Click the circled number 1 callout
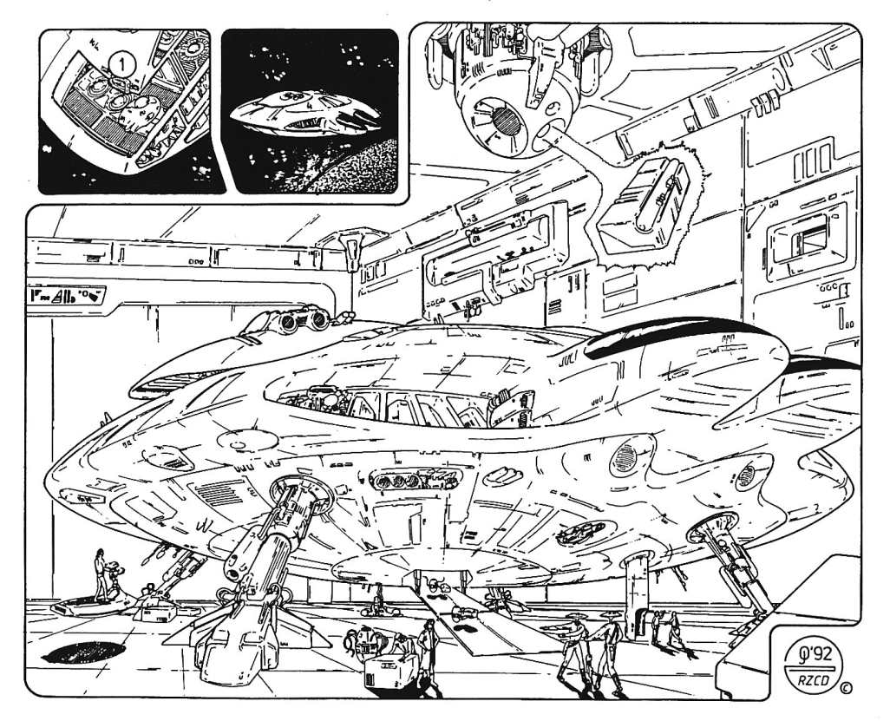pyautogui.click(x=123, y=63)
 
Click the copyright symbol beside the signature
pyautogui.click(x=846, y=689)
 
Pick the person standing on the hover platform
pyautogui.click(x=102, y=574)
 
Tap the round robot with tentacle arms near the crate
pyautogui.click(x=358, y=640)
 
